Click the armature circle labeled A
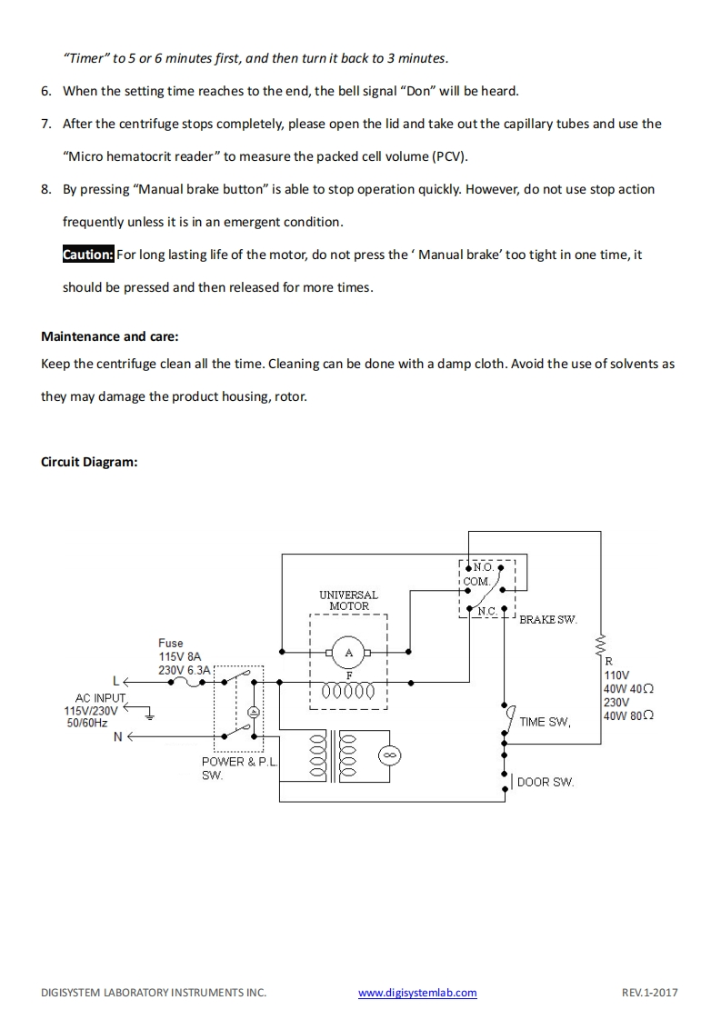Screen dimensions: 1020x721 tap(348, 652)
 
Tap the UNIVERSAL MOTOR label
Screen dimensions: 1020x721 tap(348, 600)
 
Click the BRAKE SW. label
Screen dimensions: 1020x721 tap(547, 620)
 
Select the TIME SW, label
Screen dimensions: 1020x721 tap(545, 723)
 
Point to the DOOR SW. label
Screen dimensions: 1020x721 tap(546, 782)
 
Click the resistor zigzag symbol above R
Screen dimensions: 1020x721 tap(600, 645)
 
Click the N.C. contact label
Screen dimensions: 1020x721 tap(488, 612)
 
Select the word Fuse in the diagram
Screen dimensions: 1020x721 tap(171, 643)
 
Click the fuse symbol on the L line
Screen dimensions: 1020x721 tap(194, 681)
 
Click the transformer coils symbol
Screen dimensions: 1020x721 tap(334, 756)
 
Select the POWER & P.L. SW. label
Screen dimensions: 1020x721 tap(238, 768)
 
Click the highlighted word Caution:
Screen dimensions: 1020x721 tap(88, 255)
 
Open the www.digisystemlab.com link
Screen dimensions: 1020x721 tap(417, 993)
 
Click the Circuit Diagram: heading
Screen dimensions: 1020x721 tap(89, 462)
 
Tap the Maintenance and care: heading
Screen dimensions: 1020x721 tap(109, 336)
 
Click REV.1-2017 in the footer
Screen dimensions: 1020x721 tap(650, 993)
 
